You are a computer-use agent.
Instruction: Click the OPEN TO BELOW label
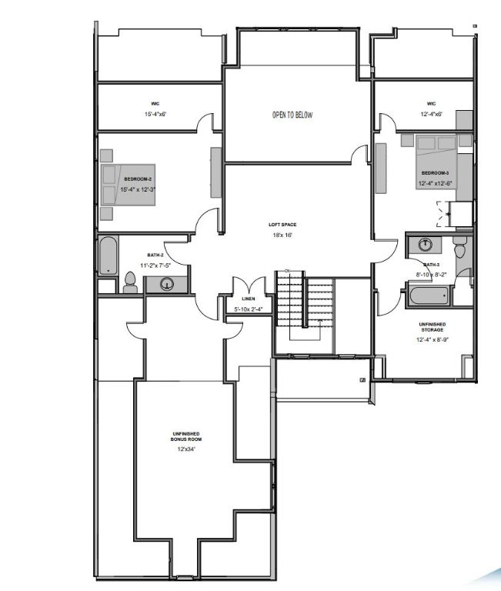click(292, 115)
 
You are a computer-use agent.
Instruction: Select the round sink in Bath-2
click(167, 285)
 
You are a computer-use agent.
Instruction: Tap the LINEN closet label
click(248, 299)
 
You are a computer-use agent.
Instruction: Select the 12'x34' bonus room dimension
click(184, 448)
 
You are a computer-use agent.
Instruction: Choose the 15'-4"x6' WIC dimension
click(155, 114)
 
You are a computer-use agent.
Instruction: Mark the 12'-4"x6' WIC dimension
click(431, 114)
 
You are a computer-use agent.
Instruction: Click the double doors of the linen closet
click(248, 285)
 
